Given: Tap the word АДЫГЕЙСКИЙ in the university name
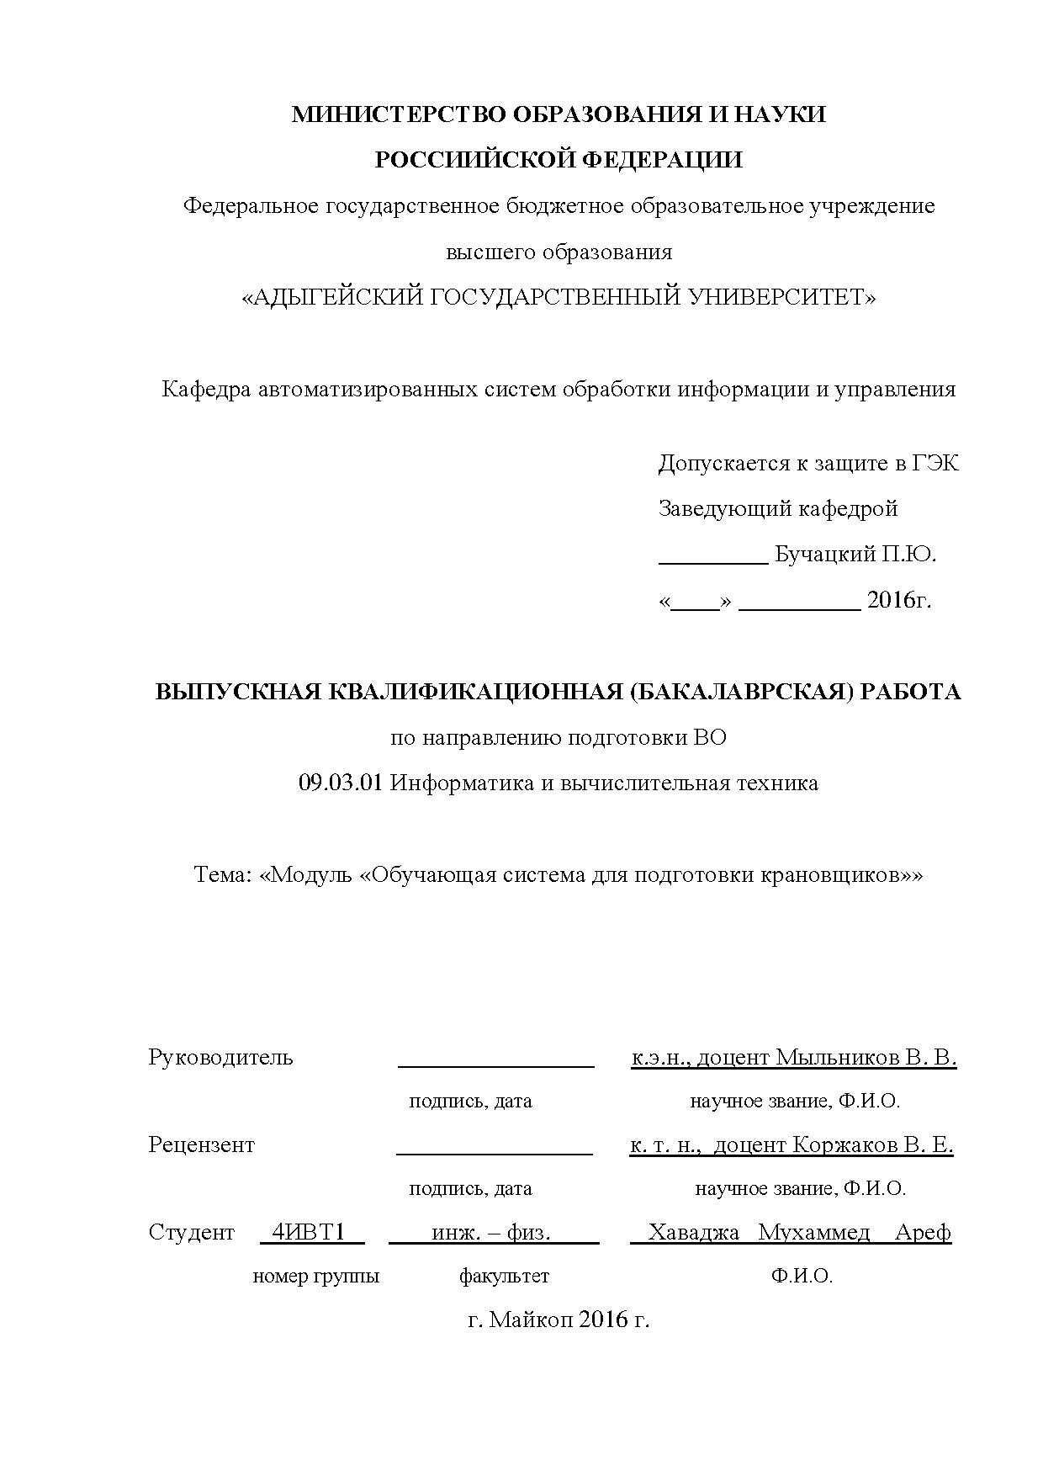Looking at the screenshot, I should pyautogui.click(x=333, y=297).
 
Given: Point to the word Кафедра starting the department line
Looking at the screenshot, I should pyautogui.click(x=206, y=389).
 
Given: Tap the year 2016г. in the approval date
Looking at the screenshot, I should pyautogui.click(x=899, y=600).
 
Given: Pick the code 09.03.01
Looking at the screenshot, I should pyautogui.click(x=341, y=783).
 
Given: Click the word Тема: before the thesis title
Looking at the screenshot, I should pyautogui.click(x=224, y=874).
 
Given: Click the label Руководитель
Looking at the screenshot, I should pyautogui.click(x=220, y=1057).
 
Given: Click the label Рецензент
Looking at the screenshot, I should pyautogui.click(x=201, y=1144).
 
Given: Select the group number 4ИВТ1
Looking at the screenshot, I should pyautogui.click(x=309, y=1232).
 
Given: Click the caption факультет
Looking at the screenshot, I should pyautogui.click(x=503, y=1276).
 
